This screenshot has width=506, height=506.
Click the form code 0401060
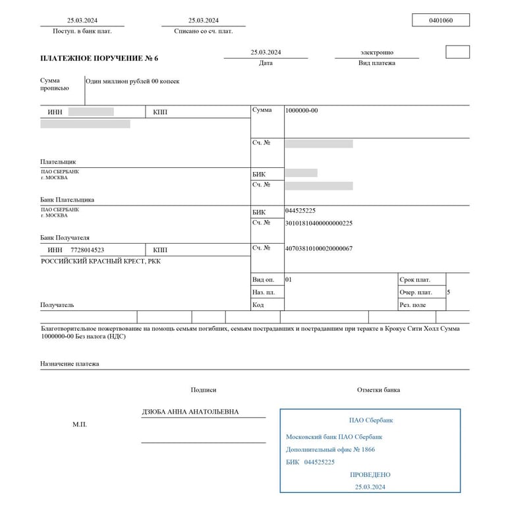(x=441, y=20)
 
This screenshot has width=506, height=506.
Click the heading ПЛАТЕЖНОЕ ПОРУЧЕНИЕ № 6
(x=99, y=58)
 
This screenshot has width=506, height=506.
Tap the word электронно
(x=377, y=52)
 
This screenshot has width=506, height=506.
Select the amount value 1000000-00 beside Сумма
(x=302, y=111)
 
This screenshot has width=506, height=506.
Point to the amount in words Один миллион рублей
(x=132, y=82)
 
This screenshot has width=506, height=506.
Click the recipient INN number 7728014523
(x=87, y=250)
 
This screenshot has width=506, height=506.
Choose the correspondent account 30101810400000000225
(x=319, y=223)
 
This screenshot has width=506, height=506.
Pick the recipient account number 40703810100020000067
(x=319, y=248)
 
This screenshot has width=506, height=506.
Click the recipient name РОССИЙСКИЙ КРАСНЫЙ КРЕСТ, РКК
(x=101, y=261)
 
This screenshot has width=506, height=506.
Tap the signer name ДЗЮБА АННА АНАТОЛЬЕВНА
(x=190, y=412)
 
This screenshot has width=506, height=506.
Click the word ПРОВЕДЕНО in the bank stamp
(x=370, y=474)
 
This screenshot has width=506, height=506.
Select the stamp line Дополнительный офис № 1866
(x=330, y=449)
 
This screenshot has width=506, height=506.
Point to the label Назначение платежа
(x=69, y=363)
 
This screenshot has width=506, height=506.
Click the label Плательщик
(x=58, y=161)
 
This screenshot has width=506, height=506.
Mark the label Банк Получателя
(x=65, y=238)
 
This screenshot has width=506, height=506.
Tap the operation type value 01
(x=289, y=279)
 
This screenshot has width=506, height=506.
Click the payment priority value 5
(x=449, y=292)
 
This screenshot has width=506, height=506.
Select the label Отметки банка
(x=378, y=390)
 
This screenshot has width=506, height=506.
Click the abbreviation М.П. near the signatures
(x=80, y=425)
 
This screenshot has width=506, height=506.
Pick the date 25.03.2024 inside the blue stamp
(x=370, y=487)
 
